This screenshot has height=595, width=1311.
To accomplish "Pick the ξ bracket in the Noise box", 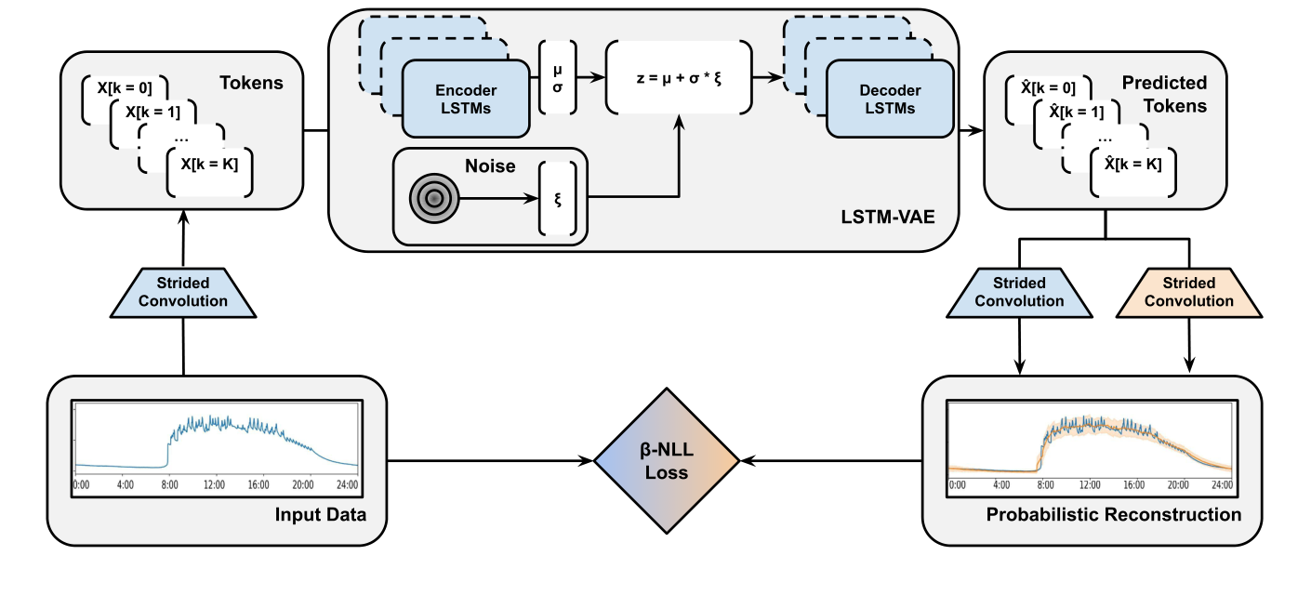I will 557,199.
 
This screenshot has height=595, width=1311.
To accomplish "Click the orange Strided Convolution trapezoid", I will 1189,292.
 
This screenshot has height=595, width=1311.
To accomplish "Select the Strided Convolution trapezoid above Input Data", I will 183,292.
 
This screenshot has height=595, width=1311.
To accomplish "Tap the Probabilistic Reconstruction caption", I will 1113,514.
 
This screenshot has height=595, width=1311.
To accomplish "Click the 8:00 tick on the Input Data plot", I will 169,484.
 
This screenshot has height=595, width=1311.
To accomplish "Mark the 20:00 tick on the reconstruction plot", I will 1178,484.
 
